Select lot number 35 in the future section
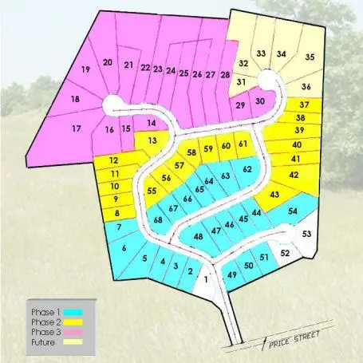pyautogui.click(x=310, y=57)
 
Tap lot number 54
pyautogui.click(x=294, y=211)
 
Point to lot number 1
pyautogui.click(x=207, y=279)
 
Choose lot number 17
pyautogui.click(x=77, y=128)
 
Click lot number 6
pyautogui.click(x=124, y=249)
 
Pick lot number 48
pyautogui.click(x=198, y=237)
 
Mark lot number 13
pyautogui.click(x=152, y=141)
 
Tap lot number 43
pyautogui.click(x=275, y=194)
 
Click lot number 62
pyautogui.click(x=247, y=170)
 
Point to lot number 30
pyautogui.click(x=259, y=101)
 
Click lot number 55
pyautogui.click(x=152, y=191)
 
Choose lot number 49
pyautogui.click(x=232, y=275)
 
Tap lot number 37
pyautogui.click(x=304, y=105)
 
